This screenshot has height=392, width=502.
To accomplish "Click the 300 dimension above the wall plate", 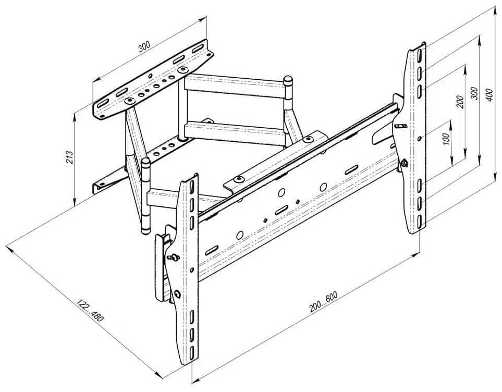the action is click(x=144, y=47).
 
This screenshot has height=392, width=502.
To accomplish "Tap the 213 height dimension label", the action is click(x=70, y=157).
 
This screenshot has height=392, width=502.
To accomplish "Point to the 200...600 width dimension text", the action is click(x=323, y=302).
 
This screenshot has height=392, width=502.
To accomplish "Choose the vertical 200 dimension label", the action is click(x=460, y=102).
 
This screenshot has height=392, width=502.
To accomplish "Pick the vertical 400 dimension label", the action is click(x=489, y=95).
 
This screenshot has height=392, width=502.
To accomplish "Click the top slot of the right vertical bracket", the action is click(x=420, y=54).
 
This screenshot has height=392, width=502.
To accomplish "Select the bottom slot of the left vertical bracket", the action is click(x=191, y=352).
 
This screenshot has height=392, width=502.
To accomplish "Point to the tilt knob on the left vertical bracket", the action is click(x=175, y=256).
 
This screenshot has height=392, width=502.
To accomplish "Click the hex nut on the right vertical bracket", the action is click(x=403, y=163).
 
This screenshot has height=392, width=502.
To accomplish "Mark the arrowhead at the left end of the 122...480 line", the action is click(x=9, y=248).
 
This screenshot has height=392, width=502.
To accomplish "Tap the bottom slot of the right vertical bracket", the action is click(x=420, y=222).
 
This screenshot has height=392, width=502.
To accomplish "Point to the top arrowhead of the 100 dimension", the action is click(x=451, y=124).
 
